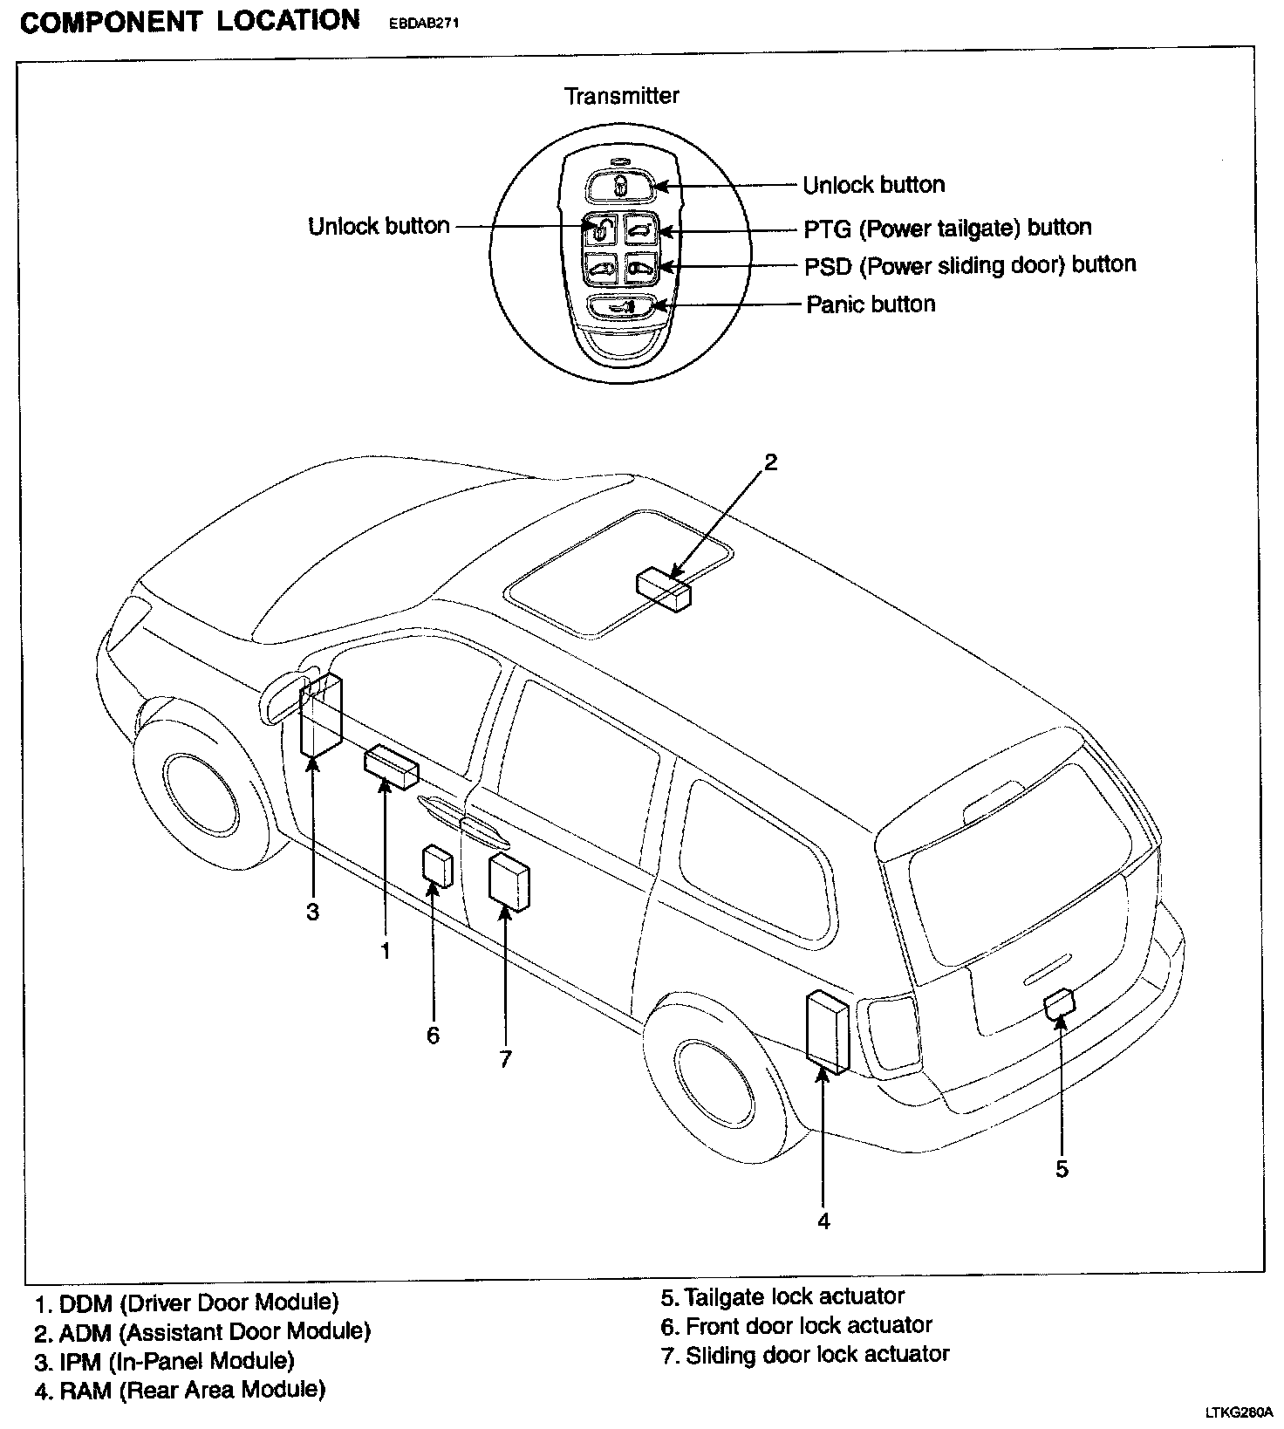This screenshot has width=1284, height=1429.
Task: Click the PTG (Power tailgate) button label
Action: point(947,228)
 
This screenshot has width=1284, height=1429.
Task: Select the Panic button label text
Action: point(871,304)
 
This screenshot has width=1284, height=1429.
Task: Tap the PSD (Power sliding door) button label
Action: point(970,265)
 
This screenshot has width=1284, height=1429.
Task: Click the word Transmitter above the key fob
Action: point(621,95)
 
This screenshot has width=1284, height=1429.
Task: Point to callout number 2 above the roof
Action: point(770,462)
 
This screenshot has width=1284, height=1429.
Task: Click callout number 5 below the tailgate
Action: point(1062,1168)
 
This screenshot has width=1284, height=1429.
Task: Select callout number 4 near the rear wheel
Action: point(823,1220)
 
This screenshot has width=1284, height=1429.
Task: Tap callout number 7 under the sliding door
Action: point(505,1059)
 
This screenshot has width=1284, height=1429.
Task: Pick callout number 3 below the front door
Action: point(312,912)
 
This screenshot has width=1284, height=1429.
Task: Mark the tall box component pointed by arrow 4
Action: point(827,1031)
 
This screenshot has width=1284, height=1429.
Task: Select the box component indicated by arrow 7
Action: point(509,882)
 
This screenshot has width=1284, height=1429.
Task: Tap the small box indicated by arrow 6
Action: point(437,865)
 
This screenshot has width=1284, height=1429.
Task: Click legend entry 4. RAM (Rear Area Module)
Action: point(180,1389)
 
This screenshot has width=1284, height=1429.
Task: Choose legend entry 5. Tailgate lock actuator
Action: point(782,1296)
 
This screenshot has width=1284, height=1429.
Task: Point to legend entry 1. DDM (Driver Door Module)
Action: point(187,1303)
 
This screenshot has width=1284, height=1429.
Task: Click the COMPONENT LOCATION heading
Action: point(189,21)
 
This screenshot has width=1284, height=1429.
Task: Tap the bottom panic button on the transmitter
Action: point(618,307)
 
